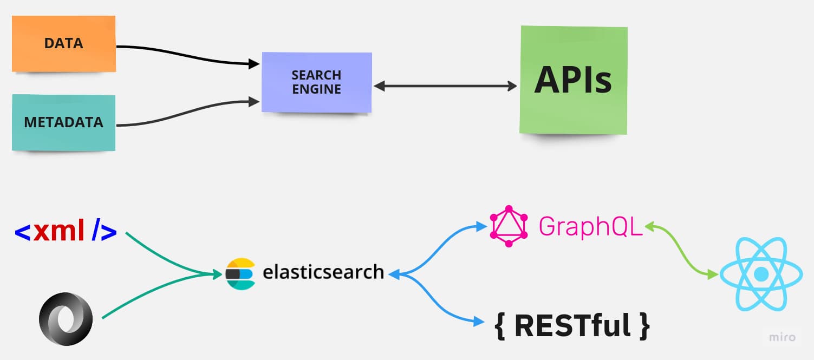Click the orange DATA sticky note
63,43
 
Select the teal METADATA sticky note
63,122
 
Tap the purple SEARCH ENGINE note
317,82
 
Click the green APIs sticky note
573,80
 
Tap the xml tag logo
66,231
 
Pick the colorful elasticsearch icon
240,274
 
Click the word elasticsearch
323,271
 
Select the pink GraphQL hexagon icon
508,226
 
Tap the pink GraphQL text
590,226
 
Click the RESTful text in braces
572,325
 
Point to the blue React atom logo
761,274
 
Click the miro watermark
783,337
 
